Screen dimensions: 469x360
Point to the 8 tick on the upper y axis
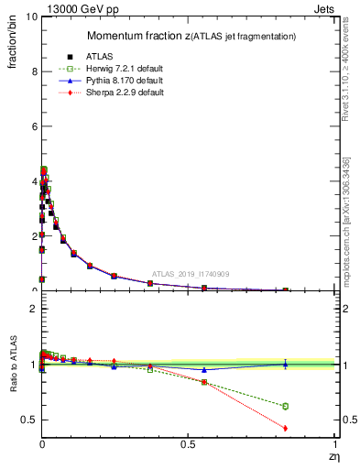click(x=32, y=71)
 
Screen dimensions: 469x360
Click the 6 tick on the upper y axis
click(x=32, y=126)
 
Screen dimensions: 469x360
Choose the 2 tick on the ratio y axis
click(x=32, y=310)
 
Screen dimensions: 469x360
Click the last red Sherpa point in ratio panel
click(x=285, y=428)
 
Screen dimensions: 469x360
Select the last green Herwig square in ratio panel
click(x=285, y=406)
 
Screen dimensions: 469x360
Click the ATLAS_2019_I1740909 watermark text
click(x=191, y=273)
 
